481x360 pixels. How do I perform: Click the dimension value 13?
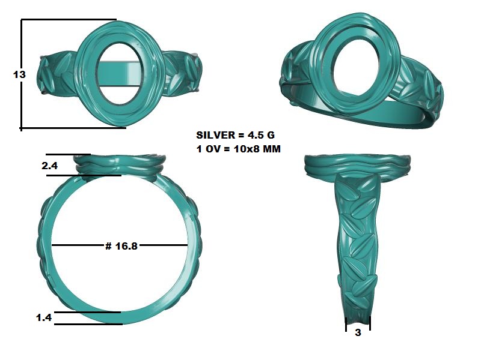(x=19, y=74)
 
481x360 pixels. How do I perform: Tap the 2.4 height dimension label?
(x=49, y=166)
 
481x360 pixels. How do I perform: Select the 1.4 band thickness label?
(x=44, y=317)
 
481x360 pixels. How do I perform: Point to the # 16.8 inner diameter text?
(x=121, y=246)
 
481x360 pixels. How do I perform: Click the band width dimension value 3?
(x=358, y=332)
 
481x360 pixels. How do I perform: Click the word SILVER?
(x=216, y=135)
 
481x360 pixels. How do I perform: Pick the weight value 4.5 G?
(x=261, y=135)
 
